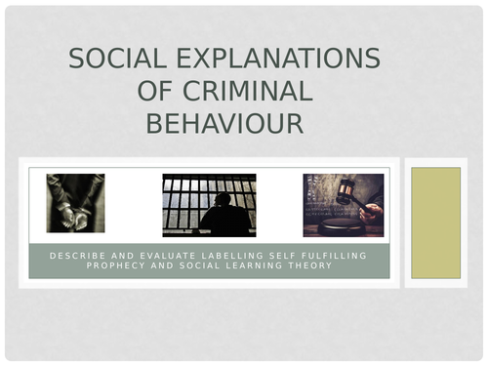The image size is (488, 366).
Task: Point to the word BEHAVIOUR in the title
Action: click(x=224, y=123)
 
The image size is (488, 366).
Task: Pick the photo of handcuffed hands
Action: click(x=75, y=203)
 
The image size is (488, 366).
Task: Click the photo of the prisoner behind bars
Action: click(x=209, y=204)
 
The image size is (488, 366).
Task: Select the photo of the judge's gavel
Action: click(x=343, y=204)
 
